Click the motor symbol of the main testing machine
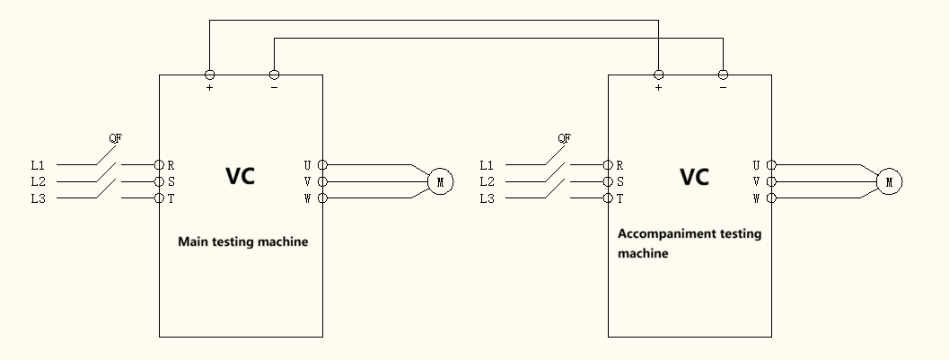pos(440,181)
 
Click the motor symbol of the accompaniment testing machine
pos(889,181)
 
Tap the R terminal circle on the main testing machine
pos(159,165)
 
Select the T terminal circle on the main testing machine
pos(159,198)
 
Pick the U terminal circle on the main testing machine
pos(322,165)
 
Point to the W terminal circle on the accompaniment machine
pos(771,198)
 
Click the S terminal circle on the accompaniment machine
pos(608,181)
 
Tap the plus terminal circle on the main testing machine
pos(209,75)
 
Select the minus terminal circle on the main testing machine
pos(274,75)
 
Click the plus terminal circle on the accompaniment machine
pos(658,75)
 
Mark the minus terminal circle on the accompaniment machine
pos(723,75)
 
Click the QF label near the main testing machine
pos(115,138)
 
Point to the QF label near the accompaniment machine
pos(564,138)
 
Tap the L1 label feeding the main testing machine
pos(38,165)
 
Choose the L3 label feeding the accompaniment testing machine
pos(487,198)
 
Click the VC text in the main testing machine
pos(240,176)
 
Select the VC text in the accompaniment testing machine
pos(694,176)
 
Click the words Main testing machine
pos(242,241)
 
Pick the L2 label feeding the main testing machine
pos(38,181)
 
